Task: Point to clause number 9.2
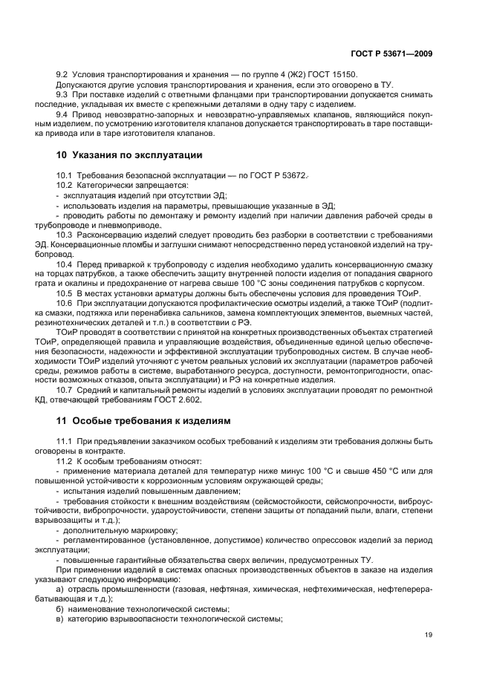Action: pos(63,76)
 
